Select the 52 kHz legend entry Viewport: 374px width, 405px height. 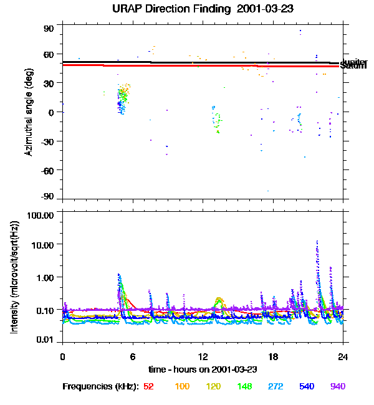(x=148, y=387)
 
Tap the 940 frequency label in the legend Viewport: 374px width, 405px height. (x=338, y=387)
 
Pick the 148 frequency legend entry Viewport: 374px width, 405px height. (x=244, y=387)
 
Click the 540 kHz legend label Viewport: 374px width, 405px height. (x=307, y=387)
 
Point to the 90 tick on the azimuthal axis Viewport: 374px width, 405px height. (x=49, y=29)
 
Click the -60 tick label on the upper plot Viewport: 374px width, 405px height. (x=47, y=169)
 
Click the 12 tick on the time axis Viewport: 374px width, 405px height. (x=203, y=356)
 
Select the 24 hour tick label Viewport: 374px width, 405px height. (x=343, y=356)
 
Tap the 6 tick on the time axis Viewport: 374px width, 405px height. (x=133, y=356)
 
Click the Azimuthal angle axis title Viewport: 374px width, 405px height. (x=29, y=113)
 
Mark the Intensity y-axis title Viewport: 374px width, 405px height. (x=14, y=278)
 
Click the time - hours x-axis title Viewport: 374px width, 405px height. (x=203, y=369)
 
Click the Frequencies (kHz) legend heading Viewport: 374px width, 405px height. (x=100, y=387)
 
